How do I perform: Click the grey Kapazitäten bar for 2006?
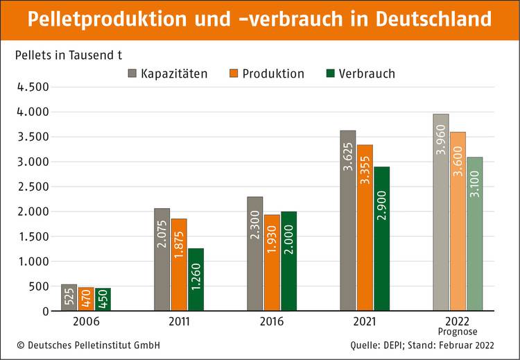coord(69,298)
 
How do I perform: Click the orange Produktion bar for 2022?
coord(458,221)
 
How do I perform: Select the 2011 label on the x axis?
coord(179,322)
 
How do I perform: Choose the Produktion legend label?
coord(273,74)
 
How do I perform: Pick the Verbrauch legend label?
coord(367,74)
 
